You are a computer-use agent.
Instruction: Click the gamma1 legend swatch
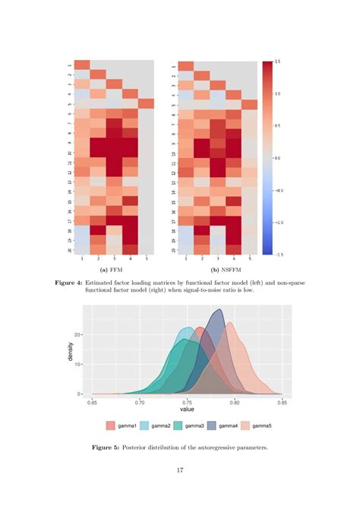click(112, 425)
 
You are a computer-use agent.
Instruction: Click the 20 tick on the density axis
click(77, 334)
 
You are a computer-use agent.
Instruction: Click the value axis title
click(187, 409)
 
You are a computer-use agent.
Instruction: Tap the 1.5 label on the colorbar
click(277, 62)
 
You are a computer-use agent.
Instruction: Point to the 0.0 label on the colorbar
click(277, 157)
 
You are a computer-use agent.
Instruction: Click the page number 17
click(180, 470)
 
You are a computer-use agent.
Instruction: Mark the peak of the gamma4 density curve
click(219, 309)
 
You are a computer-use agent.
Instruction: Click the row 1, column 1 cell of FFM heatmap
click(82, 65)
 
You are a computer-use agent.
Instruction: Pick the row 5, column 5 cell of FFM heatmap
click(147, 104)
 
